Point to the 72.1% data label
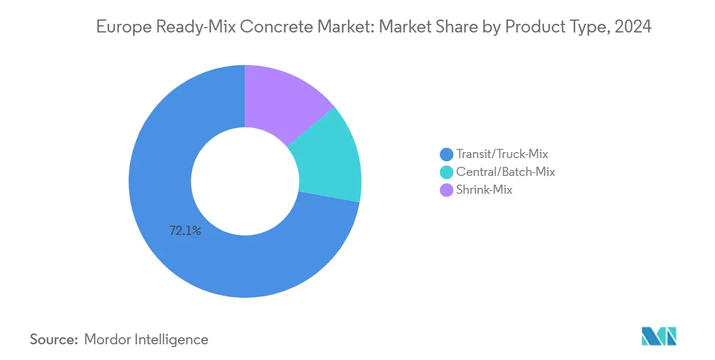click(185, 231)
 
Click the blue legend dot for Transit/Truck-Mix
click(447, 155)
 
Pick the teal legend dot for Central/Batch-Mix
click(447, 172)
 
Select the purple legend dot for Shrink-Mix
click(447, 190)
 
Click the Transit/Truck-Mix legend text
click(502, 154)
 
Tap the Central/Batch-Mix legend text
click(506, 172)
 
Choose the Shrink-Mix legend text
click(484, 190)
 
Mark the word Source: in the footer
click(54, 339)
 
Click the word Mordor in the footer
click(107, 339)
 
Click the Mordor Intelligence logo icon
click(659, 336)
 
